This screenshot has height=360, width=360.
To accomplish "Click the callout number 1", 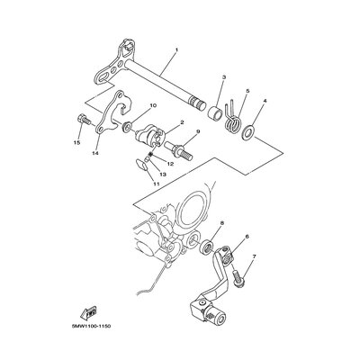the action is click(x=176, y=49).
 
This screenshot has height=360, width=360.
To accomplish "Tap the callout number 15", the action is click(x=77, y=142).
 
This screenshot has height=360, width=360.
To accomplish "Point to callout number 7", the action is click(x=254, y=256).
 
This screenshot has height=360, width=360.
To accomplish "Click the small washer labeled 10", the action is click(x=126, y=127).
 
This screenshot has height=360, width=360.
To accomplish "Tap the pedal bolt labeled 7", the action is click(x=238, y=277).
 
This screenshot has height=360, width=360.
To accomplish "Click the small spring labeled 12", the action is click(x=151, y=154).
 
